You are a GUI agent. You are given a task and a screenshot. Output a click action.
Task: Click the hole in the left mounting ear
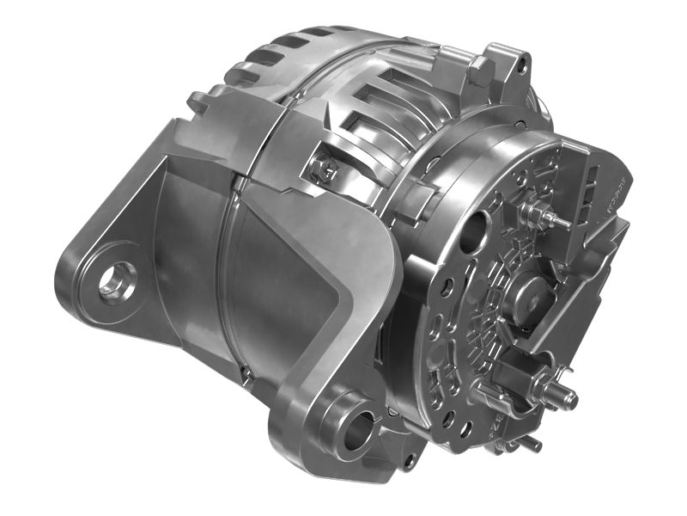pos(112,279)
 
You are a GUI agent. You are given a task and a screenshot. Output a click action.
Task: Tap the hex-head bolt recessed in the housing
pos(326,171)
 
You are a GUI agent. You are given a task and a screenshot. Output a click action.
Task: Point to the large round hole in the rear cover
pos(475,230)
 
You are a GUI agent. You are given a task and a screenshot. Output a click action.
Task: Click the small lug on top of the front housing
pos(197,100)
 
